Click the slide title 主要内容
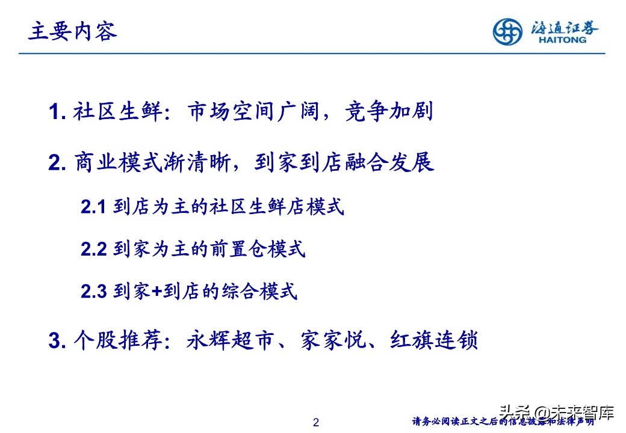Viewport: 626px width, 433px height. coord(73,32)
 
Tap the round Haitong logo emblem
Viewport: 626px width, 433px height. coord(508,32)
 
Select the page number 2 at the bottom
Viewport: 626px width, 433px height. coord(316,423)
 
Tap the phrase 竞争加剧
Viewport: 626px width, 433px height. coord(389,112)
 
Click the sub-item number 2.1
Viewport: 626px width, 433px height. coord(93,207)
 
